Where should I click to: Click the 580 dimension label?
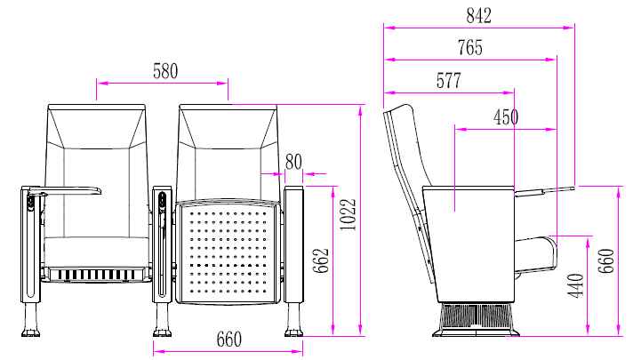pyautogui.click(x=165, y=71)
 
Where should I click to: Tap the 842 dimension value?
pyautogui.click(x=478, y=15)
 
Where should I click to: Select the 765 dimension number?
pyautogui.click(x=470, y=47)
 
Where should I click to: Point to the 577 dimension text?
pyautogui.click(x=448, y=81)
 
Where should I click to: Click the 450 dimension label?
pyautogui.click(x=506, y=117)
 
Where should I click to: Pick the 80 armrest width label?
pyautogui.click(x=293, y=162)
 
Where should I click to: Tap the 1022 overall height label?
pyautogui.click(x=349, y=215)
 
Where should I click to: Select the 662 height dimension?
pyautogui.click(x=320, y=260)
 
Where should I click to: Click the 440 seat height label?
pyautogui.click(x=576, y=285)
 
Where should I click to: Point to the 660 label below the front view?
pyautogui.click(x=229, y=340)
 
